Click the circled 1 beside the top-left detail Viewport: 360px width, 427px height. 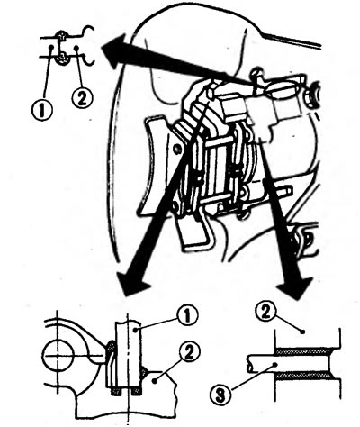click(x=42, y=110)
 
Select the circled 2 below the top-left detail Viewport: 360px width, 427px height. click(x=82, y=98)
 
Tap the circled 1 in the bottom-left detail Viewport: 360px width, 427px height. click(x=187, y=316)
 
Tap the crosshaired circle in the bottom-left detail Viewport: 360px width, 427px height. click(x=58, y=356)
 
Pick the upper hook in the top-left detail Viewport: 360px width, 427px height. click(x=88, y=31)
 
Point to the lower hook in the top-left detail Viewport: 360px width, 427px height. click(x=89, y=60)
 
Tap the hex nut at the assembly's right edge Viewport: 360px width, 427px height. click(x=312, y=95)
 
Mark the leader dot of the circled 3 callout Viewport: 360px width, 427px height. click(x=275, y=364)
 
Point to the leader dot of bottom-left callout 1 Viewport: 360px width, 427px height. click(x=137, y=331)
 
